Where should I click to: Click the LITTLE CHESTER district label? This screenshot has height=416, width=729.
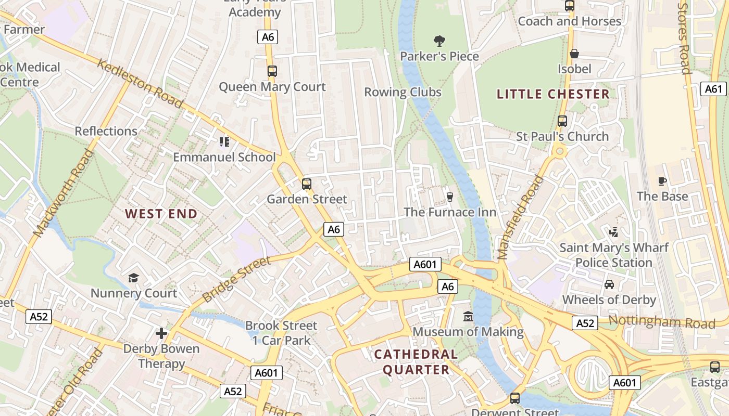pyautogui.click(x=552, y=94)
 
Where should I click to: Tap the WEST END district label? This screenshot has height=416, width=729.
pyautogui.click(x=161, y=214)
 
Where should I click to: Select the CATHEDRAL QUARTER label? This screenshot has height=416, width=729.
pyautogui.click(x=416, y=362)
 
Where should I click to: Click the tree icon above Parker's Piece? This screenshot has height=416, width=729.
pyautogui.click(x=439, y=41)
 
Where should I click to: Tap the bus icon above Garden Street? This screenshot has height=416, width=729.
pyautogui.click(x=307, y=184)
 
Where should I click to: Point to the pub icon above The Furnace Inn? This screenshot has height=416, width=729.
pyautogui.click(x=450, y=197)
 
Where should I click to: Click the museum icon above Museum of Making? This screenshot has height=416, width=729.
pyautogui.click(x=468, y=316)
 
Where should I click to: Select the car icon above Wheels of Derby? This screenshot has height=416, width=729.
pyautogui.click(x=609, y=284)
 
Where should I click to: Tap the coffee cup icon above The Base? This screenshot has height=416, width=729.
pyautogui.click(x=662, y=181)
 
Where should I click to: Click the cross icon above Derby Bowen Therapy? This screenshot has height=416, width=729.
pyautogui.click(x=161, y=333)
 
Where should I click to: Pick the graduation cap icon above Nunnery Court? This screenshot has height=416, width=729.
pyautogui.click(x=134, y=278)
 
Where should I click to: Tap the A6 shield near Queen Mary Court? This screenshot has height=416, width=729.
pyautogui.click(x=268, y=37)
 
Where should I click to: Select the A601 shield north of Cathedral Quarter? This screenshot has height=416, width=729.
pyautogui.click(x=425, y=264)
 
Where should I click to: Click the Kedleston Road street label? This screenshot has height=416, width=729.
pyautogui.click(x=140, y=84)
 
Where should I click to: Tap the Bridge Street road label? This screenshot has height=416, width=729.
pyautogui.click(x=237, y=279)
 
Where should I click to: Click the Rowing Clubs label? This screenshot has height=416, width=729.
pyautogui.click(x=403, y=92)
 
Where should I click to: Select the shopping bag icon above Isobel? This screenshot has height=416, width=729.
pyautogui.click(x=574, y=54)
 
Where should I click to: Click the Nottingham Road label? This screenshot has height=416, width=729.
pyautogui.click(x=661, y=322)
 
